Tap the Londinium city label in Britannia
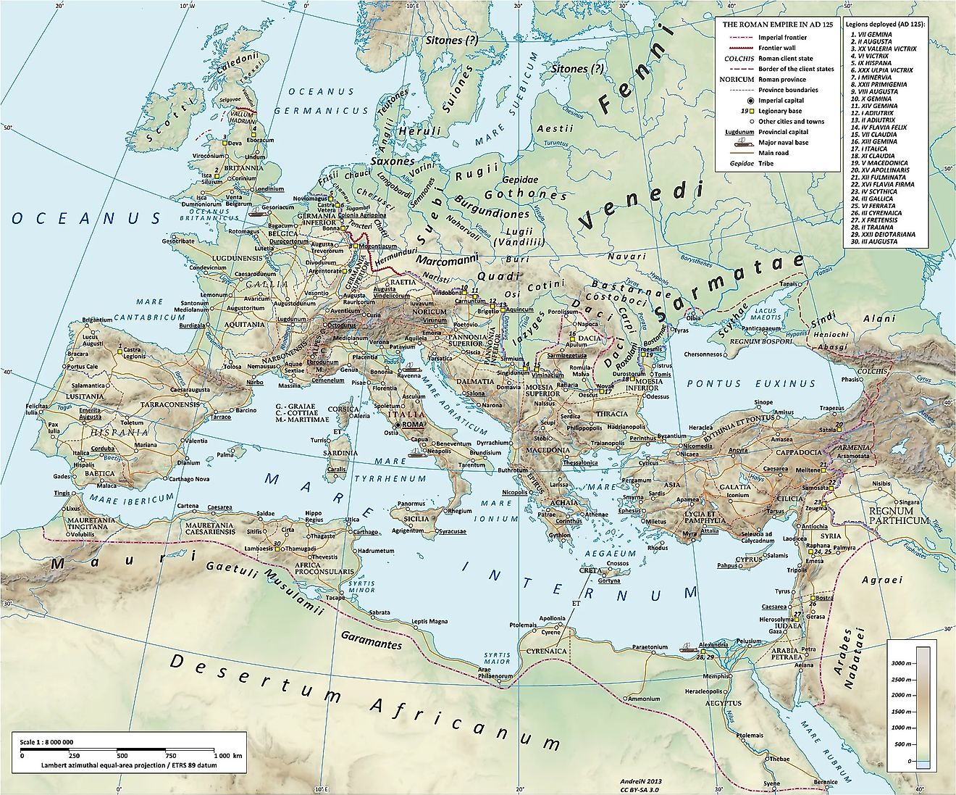click(269, 188)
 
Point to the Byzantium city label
click(671, 436)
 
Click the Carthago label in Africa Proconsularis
click(363, 531)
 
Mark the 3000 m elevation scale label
click(901, 663)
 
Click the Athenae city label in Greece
click(597, 514)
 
